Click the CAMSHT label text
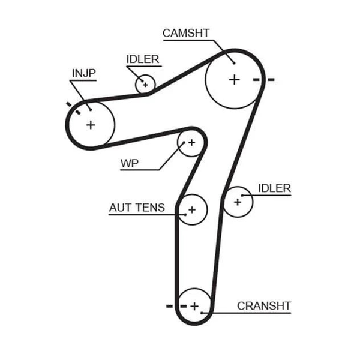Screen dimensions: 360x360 [186, 33]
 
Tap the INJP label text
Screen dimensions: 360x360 [84, 73]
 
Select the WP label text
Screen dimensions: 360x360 [130, 163]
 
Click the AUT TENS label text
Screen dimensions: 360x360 [137, 208]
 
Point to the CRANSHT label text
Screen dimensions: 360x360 [264, 306]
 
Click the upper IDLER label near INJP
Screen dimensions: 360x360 [143, 59]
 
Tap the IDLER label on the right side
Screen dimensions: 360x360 [275, 188]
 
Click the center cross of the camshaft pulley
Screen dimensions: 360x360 [235, 80]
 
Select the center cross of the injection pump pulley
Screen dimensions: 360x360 [91, 125]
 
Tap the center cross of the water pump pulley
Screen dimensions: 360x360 [191, 143]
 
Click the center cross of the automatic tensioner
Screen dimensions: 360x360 [192, 209]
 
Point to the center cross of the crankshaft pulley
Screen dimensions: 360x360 [194, 306]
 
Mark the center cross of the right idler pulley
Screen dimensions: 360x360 [238, 202]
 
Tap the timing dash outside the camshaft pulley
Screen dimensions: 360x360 [271, 80]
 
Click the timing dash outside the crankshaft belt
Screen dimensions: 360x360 [169, 306]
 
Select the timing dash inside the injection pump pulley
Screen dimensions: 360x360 [78, 112]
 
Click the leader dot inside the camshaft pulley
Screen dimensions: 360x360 [234, 63]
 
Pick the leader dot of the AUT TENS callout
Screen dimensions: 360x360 [185, 215]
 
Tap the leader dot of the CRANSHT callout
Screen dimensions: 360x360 [202, 313]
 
